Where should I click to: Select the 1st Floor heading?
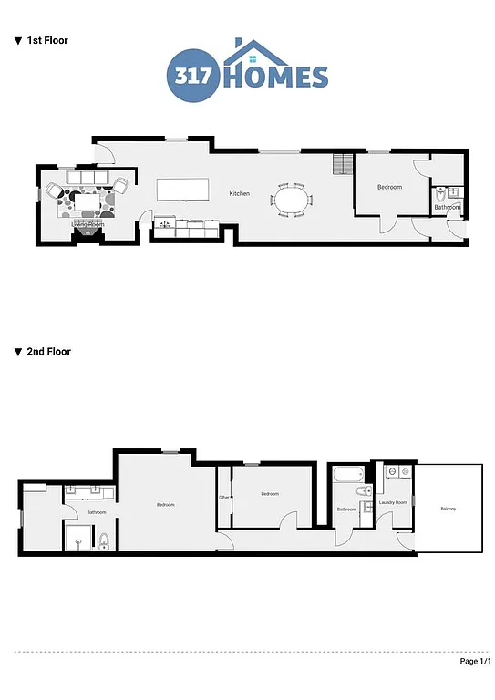point(46,41)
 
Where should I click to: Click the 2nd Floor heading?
point(48,352)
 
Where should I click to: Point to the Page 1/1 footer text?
point(474,662)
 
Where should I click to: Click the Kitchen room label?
point(239,193)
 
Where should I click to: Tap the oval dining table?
point(291,200)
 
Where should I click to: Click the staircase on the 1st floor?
point(343,164)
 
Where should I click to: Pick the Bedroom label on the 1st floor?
point(390,187)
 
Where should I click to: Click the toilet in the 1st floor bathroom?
point(441,194)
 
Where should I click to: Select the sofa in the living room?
point(88,176)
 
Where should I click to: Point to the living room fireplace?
point(88,232)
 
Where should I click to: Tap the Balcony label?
point(449,509)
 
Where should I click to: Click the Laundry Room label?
point(393,502)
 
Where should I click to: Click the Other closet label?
point(223,497)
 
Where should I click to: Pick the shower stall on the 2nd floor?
point(78,538)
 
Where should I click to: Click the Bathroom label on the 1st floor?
point(447,208)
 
